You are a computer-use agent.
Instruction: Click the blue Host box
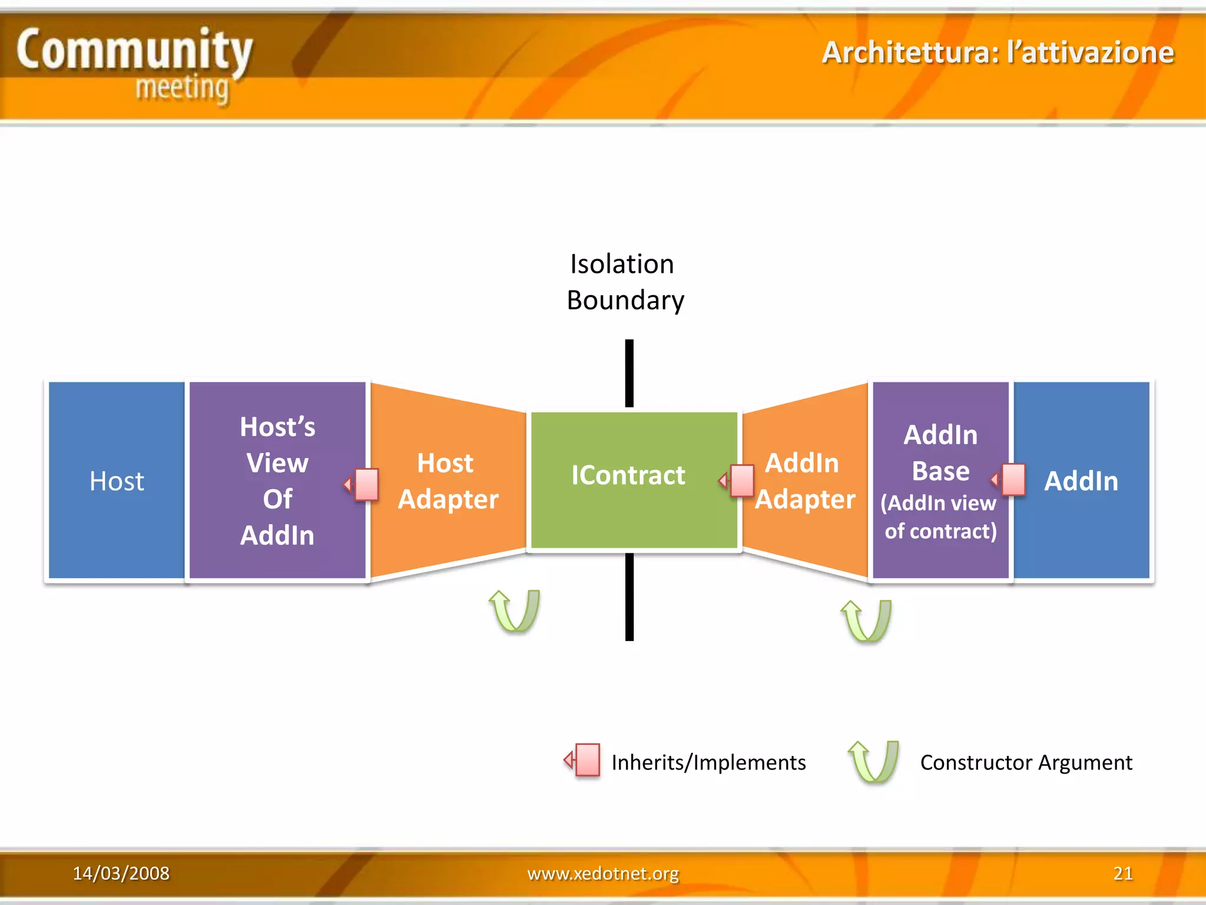click(x=116, y=480)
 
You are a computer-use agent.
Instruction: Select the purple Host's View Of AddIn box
click(x=277, y=480)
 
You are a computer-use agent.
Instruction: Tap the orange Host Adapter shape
click(x=448, y=480)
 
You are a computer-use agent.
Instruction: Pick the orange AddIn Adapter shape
click(x=804, y=480)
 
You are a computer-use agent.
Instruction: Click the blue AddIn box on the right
click(x=1081, y=480)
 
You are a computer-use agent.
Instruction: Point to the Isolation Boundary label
click(x=625, y=282)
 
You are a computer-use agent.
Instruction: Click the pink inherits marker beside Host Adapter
click(x=365, y=484)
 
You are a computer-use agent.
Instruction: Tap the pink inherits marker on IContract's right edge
click(x=740, y=480)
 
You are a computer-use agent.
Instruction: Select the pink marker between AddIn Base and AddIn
click(x=1012, y=479)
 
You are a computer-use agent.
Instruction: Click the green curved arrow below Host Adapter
click(x=515, y=611)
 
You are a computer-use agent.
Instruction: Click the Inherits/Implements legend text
click(x=708, y=762)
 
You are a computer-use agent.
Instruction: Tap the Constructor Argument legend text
click(x=1025, y=762)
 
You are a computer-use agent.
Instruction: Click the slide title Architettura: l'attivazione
click(x=998, y=52)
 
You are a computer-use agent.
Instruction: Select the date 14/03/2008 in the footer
click(x=121, y=873)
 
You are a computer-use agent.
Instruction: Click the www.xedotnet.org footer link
click(x=602, y=873)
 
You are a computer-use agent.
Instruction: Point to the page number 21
click(x=1122, y=873)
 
